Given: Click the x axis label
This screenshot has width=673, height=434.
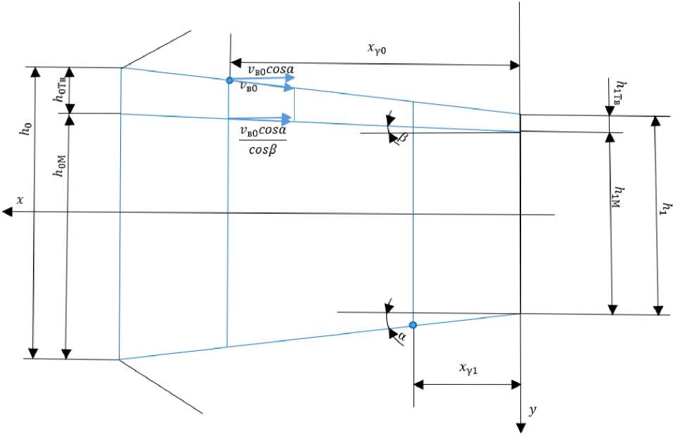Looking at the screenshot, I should point(20,200).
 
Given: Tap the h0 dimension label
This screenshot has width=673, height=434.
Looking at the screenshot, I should point(27,130).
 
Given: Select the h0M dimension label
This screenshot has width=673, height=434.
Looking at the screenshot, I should point(60,167).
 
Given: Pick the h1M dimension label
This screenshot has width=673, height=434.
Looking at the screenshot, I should point(620,199).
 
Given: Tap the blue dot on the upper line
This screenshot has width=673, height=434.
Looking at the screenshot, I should point(229,81).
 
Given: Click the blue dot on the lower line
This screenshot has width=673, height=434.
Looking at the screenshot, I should point(413,325).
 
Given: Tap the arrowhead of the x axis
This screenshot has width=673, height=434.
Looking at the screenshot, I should point(8,212).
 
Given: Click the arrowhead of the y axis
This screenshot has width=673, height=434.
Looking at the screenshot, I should point(520,427).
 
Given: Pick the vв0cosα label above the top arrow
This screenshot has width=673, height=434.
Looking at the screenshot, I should point(271,69).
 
